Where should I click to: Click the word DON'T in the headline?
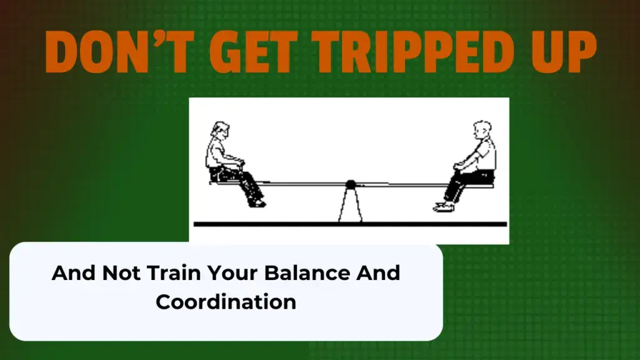pos(118,52)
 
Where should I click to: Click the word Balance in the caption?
pos(307,272)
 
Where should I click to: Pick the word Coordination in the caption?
pos(226,302)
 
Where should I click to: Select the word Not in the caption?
pos(121,272)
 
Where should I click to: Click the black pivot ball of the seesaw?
pos(351,184)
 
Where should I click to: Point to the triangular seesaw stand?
pos(350,206)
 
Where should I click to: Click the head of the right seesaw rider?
pos(482,131)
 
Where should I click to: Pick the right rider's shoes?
pos(444,207)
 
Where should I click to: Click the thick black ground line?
pos(350,224)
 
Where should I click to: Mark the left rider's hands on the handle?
pos(240,162)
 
